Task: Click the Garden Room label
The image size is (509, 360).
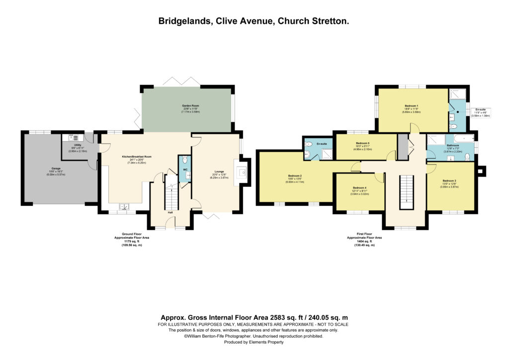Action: (186, 106)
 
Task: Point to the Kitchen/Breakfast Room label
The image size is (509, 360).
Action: (136, 157)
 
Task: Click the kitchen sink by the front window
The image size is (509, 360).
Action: (122, 206)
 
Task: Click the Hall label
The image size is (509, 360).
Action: (170, 213)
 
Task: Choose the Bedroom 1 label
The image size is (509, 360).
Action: (411, 106)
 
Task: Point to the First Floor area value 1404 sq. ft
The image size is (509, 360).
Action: (360, 242)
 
